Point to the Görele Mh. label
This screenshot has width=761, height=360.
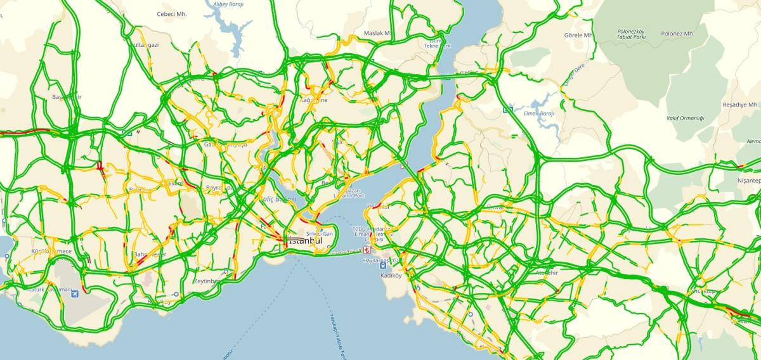[x=578, y=35]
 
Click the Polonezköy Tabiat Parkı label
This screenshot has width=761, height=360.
[x=632, y=34]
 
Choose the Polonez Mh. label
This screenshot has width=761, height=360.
[x=677, y=34]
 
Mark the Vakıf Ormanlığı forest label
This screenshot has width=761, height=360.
[x=685, y=119]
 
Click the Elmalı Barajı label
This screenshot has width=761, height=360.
[x=540, y=113]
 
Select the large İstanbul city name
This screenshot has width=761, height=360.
[x=305, y=241]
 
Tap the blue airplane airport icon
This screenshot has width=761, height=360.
[x=76, y=294]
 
